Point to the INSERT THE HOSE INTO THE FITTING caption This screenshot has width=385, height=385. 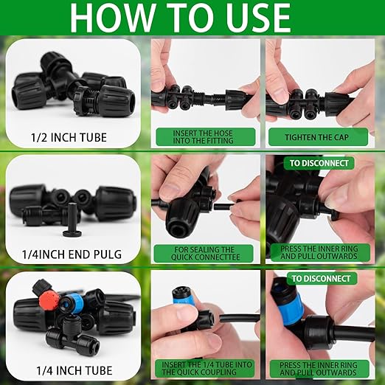click(x=205, y=136)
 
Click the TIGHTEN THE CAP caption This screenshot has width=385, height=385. click(x=319, y=136)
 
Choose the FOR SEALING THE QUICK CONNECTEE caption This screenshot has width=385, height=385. click(x=205, y=252)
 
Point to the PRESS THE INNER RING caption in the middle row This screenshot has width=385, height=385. click(x=319, y=252)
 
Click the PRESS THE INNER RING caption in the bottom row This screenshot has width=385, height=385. click(x=319, y=368)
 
